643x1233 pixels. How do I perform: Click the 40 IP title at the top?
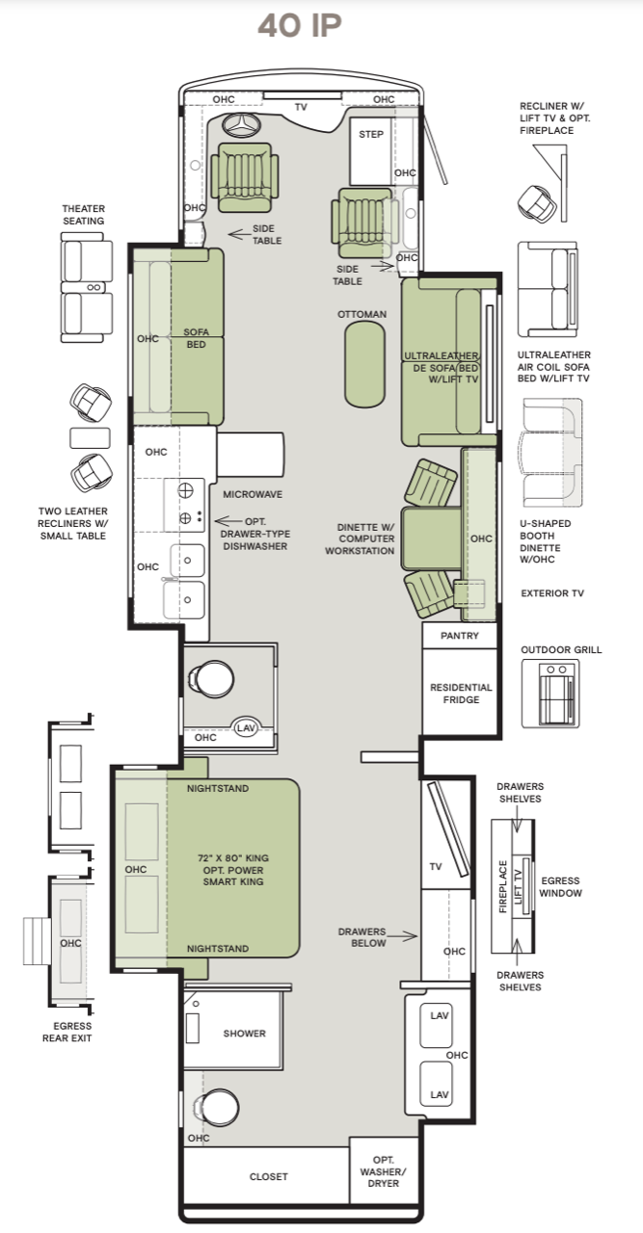coord(300,26)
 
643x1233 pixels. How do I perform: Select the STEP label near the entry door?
coord(371,134)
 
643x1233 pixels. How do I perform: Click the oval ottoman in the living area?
coord(364,364)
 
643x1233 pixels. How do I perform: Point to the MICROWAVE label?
coord(253,494)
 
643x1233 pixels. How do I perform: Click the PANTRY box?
coord(460,636)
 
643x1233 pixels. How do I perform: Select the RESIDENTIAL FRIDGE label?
coord(461,694)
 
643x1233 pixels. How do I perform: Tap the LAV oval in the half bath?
coord(246,727)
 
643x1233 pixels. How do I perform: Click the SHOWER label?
coord(244,1034)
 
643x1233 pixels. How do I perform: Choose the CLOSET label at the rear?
coord(268,1176)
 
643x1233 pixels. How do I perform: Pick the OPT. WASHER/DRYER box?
coord(384,1170)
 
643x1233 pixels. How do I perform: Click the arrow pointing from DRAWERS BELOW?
coord(402,935)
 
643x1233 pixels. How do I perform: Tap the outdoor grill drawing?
coord(550,694)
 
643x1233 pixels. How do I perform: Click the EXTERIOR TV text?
coord(552,592)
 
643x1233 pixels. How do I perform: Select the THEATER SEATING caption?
coord(83,215)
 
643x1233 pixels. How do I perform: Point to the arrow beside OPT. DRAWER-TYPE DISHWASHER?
coord(228,521)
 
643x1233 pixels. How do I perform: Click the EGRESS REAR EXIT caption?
coord(67,1032)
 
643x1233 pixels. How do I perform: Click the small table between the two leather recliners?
coord(90,438)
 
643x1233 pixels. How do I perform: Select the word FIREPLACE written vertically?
coord(502,886)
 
